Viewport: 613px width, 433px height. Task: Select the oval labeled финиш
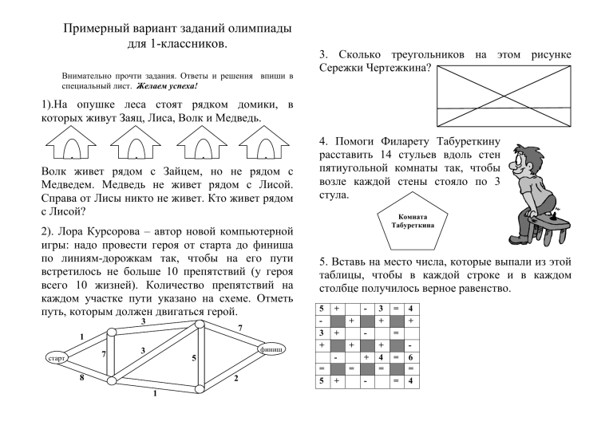point(269,350)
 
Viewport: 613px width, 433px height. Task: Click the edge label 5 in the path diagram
point(195,358)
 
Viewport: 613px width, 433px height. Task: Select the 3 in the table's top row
point(381,308)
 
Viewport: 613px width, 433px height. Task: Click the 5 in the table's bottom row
point(322,382)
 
